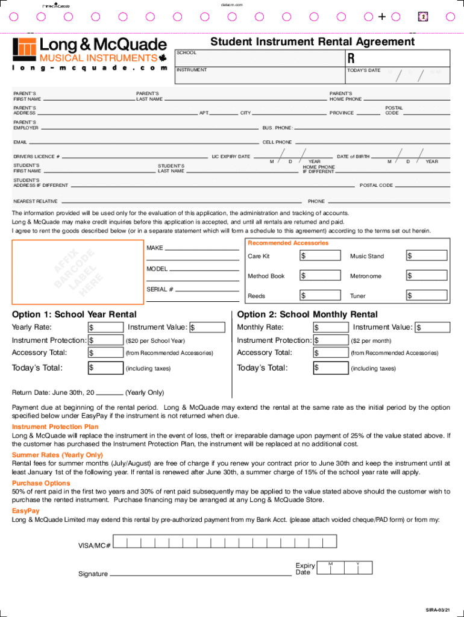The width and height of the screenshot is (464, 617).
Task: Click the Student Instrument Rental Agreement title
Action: click(312, 42)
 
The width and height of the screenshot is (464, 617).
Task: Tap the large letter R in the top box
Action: click(351, 58)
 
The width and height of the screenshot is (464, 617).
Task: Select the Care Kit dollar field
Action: click(319, 256)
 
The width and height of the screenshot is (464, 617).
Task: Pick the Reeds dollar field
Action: click(319, 296)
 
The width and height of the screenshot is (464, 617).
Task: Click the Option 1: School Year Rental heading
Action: click(74, 315)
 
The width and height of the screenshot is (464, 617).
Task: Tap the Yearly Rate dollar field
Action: click(105, 327)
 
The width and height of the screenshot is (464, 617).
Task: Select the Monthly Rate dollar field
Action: click(330, 327)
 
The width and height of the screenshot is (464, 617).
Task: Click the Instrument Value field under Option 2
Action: click(433, 327)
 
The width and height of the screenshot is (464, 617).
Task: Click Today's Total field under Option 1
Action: click(105, 368)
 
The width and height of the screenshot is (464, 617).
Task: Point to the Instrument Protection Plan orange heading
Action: click(55, 427)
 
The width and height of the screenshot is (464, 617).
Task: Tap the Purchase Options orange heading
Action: click(41, 483)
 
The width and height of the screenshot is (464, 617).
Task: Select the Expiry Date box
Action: click(345, 568)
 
